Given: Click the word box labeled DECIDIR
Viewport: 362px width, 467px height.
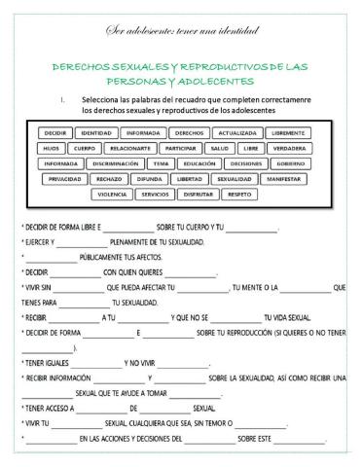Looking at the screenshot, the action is (x=55, y=132).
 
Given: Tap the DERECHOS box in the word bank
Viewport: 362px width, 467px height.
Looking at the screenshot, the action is (x=190, y=132).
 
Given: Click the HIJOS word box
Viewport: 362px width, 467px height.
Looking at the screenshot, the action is (x=52, y=148).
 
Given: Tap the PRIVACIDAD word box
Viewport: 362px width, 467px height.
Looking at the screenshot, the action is (x=65, y=179).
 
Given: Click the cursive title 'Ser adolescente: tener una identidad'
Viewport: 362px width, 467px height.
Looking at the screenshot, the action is (x=181, y=32).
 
